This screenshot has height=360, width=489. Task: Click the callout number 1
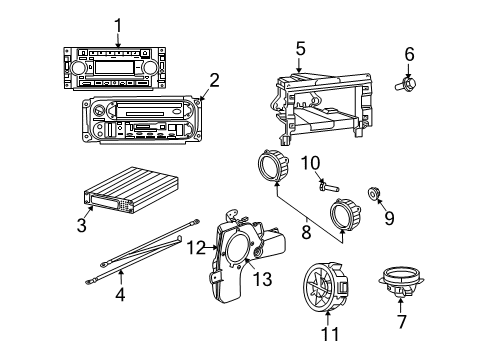tap(118, 26)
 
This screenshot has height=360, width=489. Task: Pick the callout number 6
tap(408, 53)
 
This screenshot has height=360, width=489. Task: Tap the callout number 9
tap(390, 216)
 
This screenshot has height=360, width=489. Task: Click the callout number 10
tap(310, 162)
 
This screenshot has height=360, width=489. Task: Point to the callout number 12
tap(197, 246)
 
